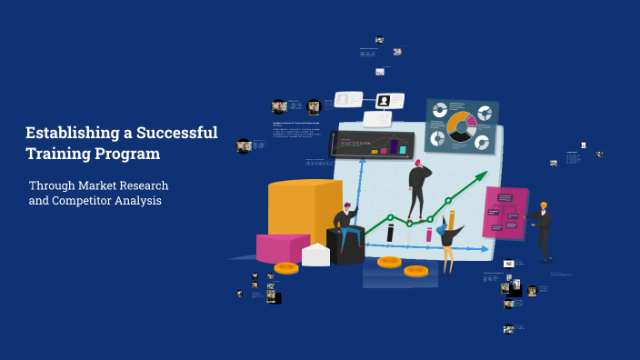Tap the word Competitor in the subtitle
pyautogui.click(x=91, y=200)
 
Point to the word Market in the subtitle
pyautogui.click(x=101, y=185)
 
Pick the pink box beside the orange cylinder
pyautogui.click(x=282, y=247)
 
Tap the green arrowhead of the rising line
pyautogui.click(x=485, y=174)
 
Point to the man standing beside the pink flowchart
pyautogui.click(x=543, y=231)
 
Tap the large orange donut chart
pyautogui.click(x=461, y=127)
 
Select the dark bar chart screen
pyautogui.click(x=372, y=144)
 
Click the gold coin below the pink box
pyautogui.click(x=286, y=267)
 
